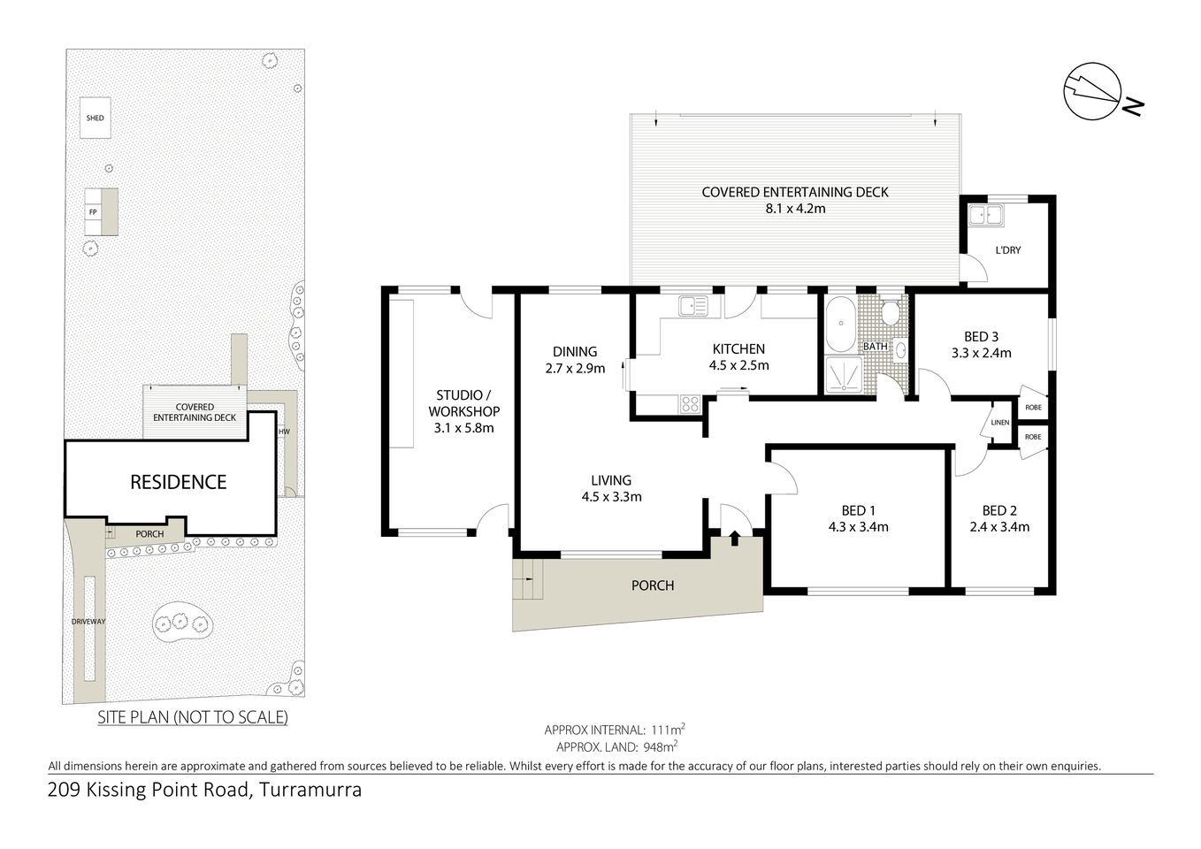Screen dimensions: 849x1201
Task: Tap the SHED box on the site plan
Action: click(x=95, y=118)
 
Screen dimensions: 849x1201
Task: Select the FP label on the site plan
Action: click(x=93, y=212)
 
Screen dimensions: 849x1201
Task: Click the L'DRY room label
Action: click(x=1007, y=250)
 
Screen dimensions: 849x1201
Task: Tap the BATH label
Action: click(x=875, y=347)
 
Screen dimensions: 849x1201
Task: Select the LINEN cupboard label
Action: click(x=999, y=423)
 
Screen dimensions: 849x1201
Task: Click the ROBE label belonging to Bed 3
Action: click(x=1033, y=408)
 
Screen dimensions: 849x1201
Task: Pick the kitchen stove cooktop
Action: click(x=690, y=404)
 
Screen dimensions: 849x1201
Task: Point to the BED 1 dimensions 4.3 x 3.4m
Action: click(x=858, y=527)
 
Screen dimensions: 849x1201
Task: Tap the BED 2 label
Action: click(x=999, y=510)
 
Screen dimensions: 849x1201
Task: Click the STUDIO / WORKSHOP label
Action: click(x=463, y=403)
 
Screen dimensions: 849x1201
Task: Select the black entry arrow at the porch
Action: click(x=735, y=537)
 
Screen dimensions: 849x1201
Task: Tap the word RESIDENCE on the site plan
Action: click(x=178, y=482)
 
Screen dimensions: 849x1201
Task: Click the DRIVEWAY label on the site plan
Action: click(x=88, y=622)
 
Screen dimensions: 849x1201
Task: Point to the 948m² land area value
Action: click(x=655, y=746)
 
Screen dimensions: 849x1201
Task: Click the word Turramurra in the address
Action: click(x=310, y=790)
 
